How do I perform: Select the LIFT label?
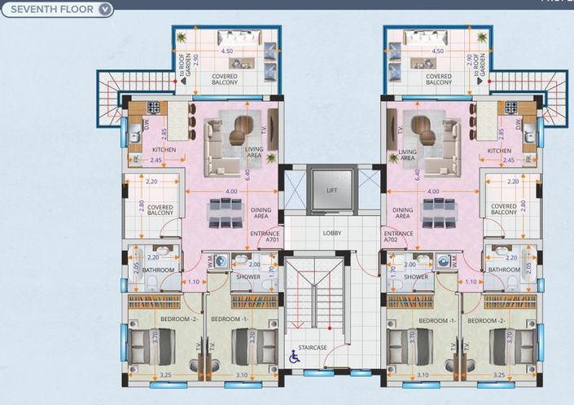click(331, 190)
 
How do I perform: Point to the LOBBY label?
click(331, 233)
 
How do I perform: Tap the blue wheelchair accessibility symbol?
click(295, 355)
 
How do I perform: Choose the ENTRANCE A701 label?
click(265, 237)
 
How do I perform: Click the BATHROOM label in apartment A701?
click(158, 270)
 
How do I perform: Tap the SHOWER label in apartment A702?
click(416, 277)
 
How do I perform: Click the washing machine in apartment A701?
click(219, 262)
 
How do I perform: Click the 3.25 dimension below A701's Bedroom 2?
click(165, 375)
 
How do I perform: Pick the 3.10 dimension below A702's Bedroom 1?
click(422, 375)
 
